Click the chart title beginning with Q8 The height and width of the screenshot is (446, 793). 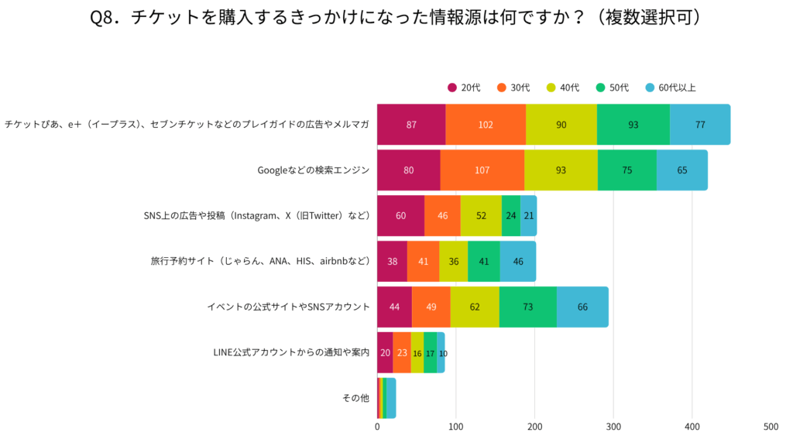pyautogui.click(x=396, y=18)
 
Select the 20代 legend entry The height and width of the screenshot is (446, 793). pyautogui.click(x=464, y=87)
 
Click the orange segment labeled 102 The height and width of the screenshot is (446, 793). pyautogui.click(x=486, y=125)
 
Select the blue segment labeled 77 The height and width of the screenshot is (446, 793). pyautogui.click(x=700, y=125)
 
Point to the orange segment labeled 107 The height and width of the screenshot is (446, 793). pyautogui.click(x=482, y=170)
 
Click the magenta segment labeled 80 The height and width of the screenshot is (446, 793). pyautogui.click(x=408, y=170)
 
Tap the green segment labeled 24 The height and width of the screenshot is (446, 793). pyautogui.click(x=511, y=216)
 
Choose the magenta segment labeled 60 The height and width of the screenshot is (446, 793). pyautogui.click(x=400, y=216)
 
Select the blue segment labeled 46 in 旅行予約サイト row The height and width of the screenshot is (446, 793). pyautogui.click(x=517, y=262)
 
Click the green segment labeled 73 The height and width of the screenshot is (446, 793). pyautogui.click(x=528, y=307)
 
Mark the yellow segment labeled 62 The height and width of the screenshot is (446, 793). pyautogui.click(x=475, y=307)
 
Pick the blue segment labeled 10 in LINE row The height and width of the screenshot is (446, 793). pyautogui.click(x=441, y=353)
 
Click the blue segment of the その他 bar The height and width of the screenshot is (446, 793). pyautogui.click(x=392, y=398)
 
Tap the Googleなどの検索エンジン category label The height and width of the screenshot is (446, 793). pyautogui.click(x=313, y=170)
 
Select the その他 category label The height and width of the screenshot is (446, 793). pyautogui.click(x=355, y=398)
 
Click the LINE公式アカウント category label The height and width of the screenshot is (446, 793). pyautogui.click(x=291, y=353)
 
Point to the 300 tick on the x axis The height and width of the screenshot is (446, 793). pyautogui.click(x=613, y=427)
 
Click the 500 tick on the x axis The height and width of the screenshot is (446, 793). pyautogui.click(x=771, y=427)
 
